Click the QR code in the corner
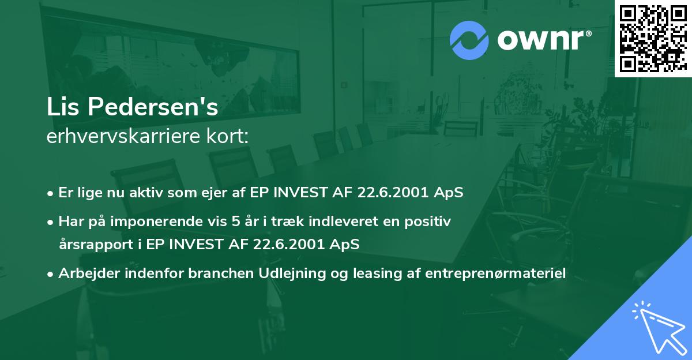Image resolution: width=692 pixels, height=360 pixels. point(653,38)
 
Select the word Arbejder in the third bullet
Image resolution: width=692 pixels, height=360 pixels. point(84,273)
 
